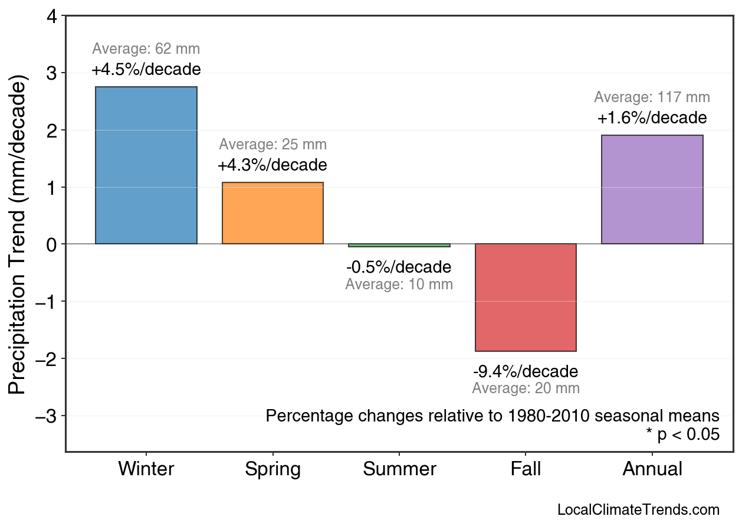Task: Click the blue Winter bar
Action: [x=146, y=165]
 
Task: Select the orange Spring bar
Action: [x=272, y=213]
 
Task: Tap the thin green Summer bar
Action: [x=399, y=245]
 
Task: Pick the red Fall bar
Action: [x=526, y=298]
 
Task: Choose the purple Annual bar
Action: [x=652, y=190]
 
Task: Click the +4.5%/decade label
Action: [x=146, y=70]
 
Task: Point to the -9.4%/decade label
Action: [x=526, y=372]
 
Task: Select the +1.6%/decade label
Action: [x=652, y=118]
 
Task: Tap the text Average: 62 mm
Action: [x=146, y=49]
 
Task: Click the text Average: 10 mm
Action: [x=399, y=285]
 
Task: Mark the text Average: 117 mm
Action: [x=652, y=97]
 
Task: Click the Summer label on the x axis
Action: [x=399, y=469]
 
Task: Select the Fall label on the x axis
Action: [x=526, y=469]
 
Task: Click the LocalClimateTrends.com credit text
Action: [x=638, y=510]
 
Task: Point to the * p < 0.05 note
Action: [x=682, y=435]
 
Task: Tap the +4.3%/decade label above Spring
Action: [x=272, y=165]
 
